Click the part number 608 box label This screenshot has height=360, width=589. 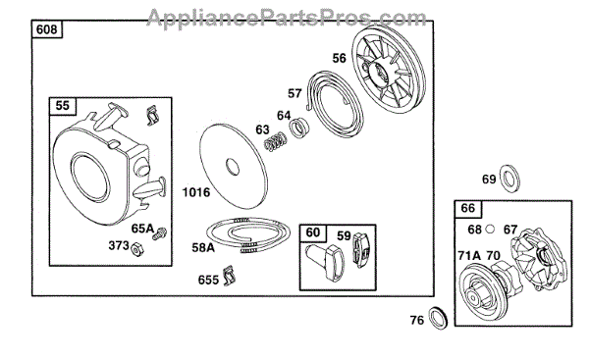pos(46,29)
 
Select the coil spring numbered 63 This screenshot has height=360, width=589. pos(276,142)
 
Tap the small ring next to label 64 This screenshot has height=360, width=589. pos(299,128)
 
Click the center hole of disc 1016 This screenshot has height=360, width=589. pos(233,167)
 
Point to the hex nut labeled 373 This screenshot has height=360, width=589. pos(137,249)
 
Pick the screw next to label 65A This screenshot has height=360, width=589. pos(160,233)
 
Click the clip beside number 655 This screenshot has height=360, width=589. pos(229,276)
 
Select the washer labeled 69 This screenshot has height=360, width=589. pos(510,178)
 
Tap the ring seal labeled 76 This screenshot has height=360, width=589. pos(438,318)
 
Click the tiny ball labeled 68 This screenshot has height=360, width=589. pos(490,229)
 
